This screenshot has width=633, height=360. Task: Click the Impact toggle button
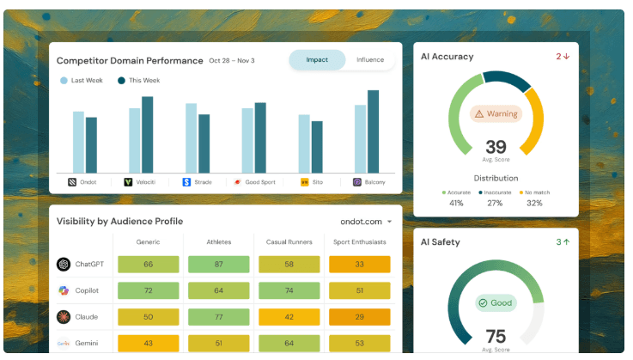pyautogui.click(x=317, y=60)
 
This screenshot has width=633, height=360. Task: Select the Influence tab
pyautogui.click(x=370, y=60)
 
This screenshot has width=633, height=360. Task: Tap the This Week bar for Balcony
pyautogui.click(x=373, y=131)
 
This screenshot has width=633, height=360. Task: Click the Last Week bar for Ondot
pyautogui.click(x=78, y=143)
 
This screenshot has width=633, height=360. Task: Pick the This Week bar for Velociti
pyautogui.click(x=148, y=135)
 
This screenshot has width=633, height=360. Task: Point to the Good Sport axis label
pyautogui.click(x=260, y=182)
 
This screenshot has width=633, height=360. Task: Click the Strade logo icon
pyautogui.click(x=186, y=182)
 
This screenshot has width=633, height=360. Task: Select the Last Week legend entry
pyautogui.click(x=82, y=81)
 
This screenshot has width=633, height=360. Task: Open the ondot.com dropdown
pyautogui.click(x=366, y=222)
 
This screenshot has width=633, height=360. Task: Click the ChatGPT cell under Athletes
pyautogui.click(x=218, y=265)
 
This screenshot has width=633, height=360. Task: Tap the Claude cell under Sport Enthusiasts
pyautogui.click(x=359, y=317)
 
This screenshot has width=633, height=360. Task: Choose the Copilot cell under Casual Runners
pyautogui.click(x=289, y=290)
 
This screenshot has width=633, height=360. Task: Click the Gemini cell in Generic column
pyautogui.click(x=148, y=343)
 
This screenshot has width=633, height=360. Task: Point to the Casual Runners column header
pyautogui.click(x=289, y=242)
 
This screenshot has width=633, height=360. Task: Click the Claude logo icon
pyautogui.click(x=64, y=317)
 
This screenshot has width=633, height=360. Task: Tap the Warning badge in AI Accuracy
pyautogui.click(x=496, y=114)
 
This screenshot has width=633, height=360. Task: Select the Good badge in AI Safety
pyautogui.click(x=496, y=303)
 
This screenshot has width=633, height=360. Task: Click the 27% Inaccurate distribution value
pyautogui.click(x=495, y=204)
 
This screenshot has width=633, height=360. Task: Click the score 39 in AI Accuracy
pyautogui.click(x=496, y=147)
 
